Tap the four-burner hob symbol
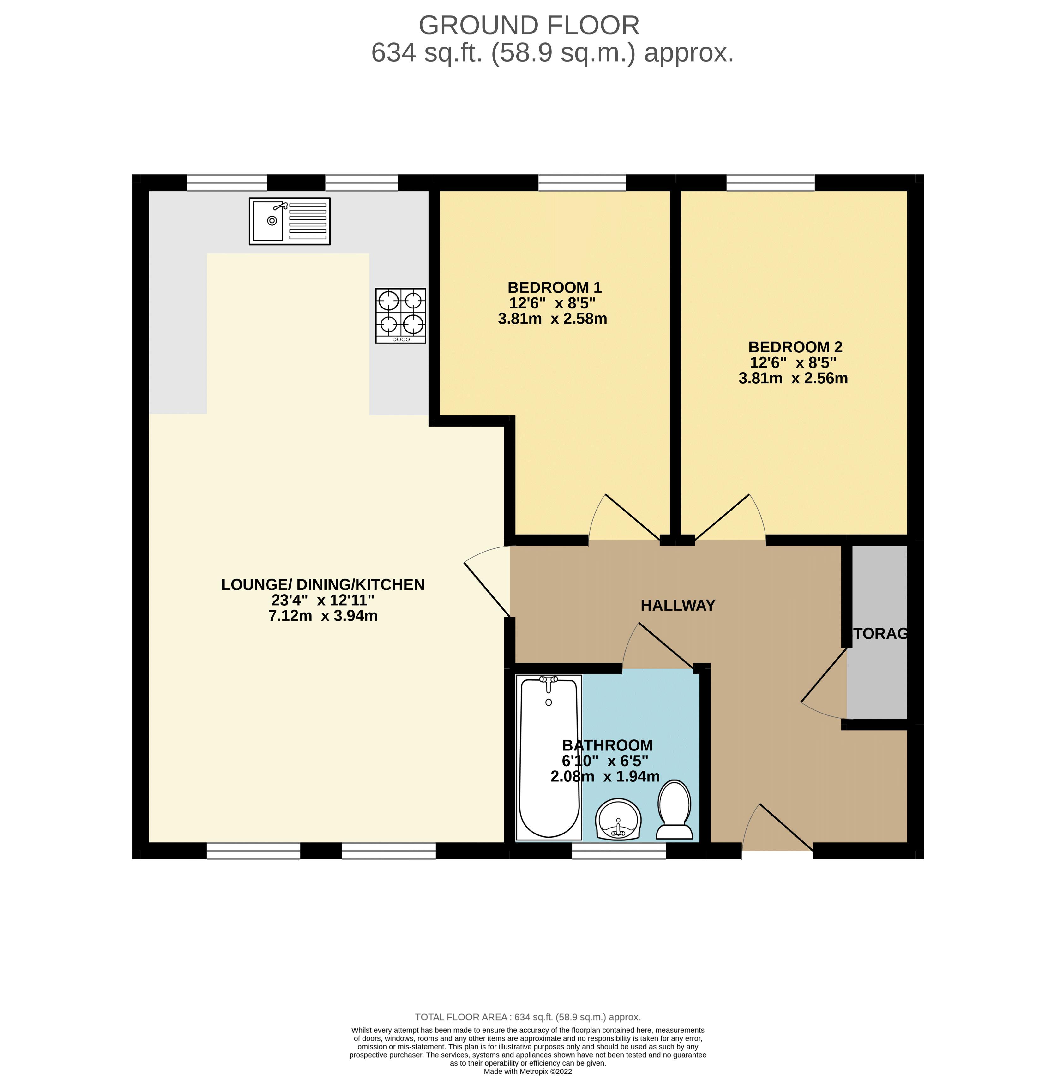click(400, 315)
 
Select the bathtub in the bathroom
click(549, 757)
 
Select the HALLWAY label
click(678, 605)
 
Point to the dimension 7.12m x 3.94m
click(323, 616)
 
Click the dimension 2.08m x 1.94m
click(604, 776)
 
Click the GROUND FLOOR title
click(529, 26)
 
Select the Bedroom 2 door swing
click(732, 516)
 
